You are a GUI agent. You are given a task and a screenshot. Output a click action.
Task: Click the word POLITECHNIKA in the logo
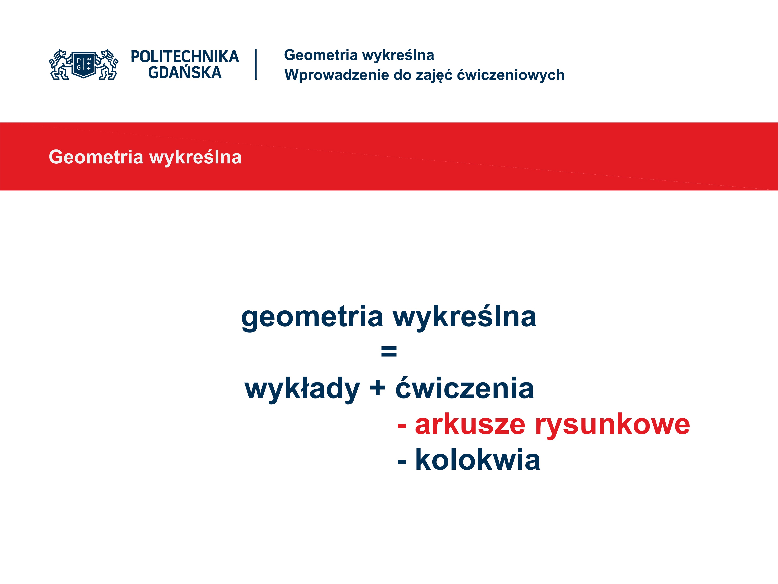(185, 57)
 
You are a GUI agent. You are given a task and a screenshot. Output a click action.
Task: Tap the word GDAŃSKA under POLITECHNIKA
(185, 73)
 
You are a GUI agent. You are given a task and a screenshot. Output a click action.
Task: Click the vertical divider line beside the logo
(256, 64)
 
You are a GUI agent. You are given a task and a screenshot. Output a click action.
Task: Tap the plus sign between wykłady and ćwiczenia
(378, 388)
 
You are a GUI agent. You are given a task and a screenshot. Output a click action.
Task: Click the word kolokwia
(478, 460)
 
